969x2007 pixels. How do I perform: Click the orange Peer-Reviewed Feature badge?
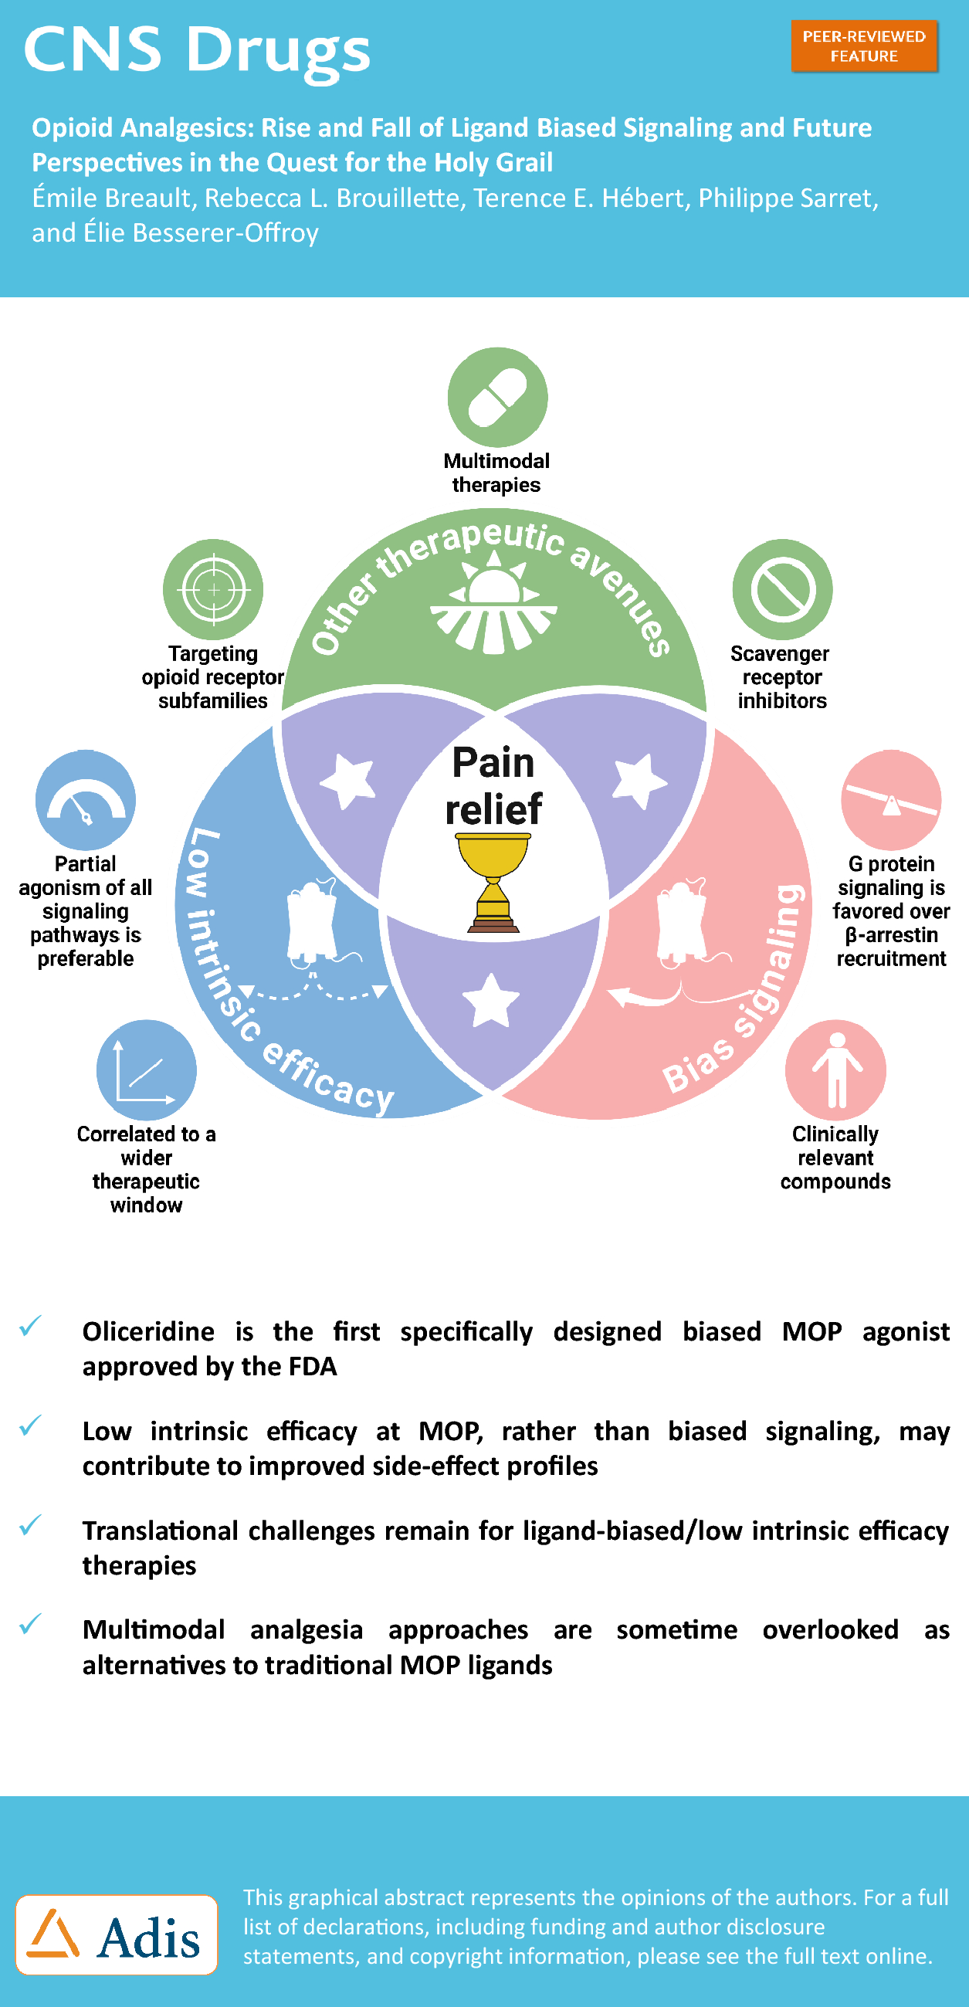864,47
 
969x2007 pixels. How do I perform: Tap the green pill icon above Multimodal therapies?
497,398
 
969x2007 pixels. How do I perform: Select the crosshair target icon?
212,590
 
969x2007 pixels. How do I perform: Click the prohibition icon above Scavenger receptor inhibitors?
782,590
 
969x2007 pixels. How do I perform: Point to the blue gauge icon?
86,800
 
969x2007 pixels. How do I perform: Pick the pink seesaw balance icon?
891,800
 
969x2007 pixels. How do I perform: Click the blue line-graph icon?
147,1070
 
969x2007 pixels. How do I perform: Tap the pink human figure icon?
835,1070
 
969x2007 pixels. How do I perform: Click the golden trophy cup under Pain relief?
493,880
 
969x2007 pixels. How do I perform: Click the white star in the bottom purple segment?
491,1000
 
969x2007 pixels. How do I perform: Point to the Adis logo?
117,1935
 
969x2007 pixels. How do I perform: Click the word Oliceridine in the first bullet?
148,1331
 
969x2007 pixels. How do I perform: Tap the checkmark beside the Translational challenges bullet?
30,1524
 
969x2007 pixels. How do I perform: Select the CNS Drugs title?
196,49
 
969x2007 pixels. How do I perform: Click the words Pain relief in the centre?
493,785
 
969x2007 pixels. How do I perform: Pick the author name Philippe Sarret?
788,198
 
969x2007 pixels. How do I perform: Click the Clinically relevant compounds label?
835,1158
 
